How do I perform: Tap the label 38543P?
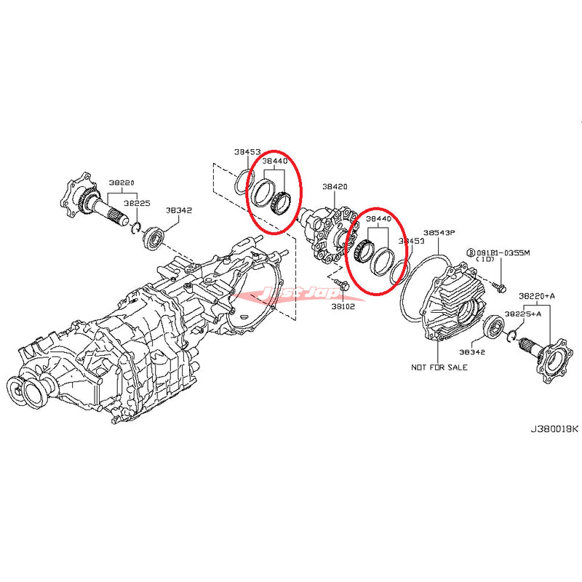click(x=439, y=233)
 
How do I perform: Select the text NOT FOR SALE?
click(x=439, y=367)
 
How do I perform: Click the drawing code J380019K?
click(x=554, y=428)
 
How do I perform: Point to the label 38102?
click(x=344, y=307)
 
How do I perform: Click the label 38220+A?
click(x=536, y=296)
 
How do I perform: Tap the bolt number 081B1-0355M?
click(x=509, y=252)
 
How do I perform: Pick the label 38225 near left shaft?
click(x=136, y=204)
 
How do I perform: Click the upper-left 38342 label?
click(x=178, y=210)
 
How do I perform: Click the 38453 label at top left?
click(x=247, y=152)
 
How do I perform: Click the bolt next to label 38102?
click(x=344, y=289)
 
